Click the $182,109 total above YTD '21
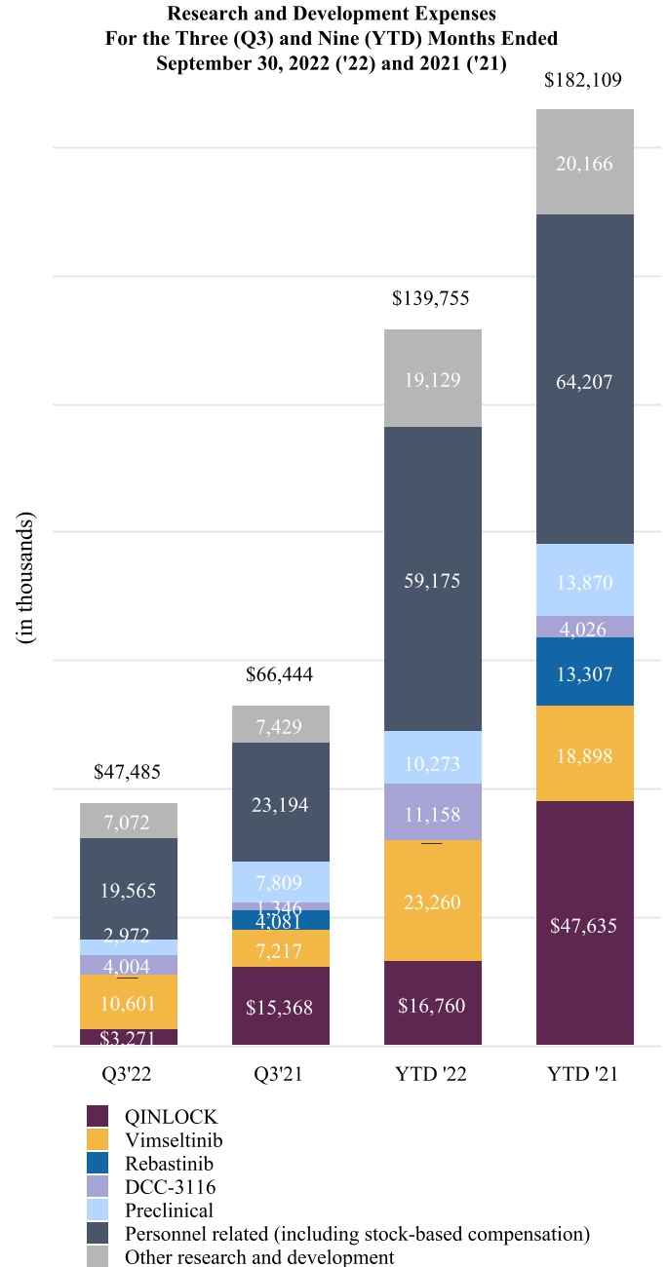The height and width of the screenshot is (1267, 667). point(585,80)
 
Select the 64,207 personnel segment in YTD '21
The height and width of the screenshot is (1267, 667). point(585,381)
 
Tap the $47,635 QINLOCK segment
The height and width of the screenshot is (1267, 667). point(585,925)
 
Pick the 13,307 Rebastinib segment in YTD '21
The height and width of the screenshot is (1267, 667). point(585,672)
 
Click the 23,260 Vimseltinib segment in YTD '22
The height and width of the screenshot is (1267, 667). point(433,902)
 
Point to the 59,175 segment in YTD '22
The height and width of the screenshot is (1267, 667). point(433,580)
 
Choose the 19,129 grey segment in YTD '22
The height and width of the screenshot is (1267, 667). point(433,379)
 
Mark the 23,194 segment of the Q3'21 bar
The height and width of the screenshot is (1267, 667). point(281,802)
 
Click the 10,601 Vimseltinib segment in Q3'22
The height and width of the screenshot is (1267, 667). point(129,1002)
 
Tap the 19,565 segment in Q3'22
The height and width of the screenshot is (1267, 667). point(129,889)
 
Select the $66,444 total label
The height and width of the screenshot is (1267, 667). point(280,674)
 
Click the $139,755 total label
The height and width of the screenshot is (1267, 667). point(432,298)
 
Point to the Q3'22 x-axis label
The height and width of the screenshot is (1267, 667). point(128,1075)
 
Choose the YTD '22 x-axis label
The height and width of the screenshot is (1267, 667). point(432,1075)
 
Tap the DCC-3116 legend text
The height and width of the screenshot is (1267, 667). point(170,1186)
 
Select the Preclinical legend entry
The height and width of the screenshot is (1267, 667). point(169,1209)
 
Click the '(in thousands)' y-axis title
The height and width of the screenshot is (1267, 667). point(25,577)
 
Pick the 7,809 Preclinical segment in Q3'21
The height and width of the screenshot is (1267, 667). point(281,882)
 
